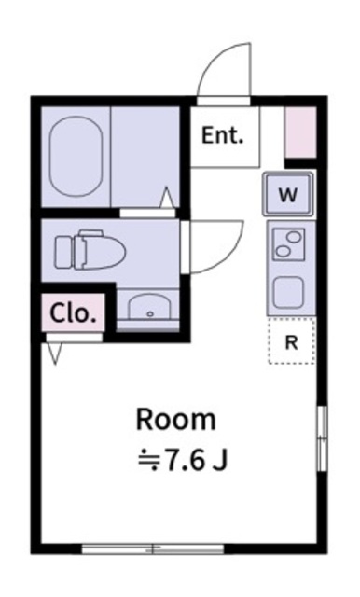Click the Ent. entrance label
(x=222, y=136)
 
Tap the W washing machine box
(x=288, y=196)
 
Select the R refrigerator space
(x=291, y=341)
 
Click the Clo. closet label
(x=74, y=312)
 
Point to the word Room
(x=176, y=419)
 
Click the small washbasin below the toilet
(x=147, y=307)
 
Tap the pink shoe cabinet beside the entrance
(x=300, y=133)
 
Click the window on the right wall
(x=322, y=438)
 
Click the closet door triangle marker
(x=55, y=352)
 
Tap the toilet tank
(x=62, y=251)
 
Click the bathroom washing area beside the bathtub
(x=145, y=154)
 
